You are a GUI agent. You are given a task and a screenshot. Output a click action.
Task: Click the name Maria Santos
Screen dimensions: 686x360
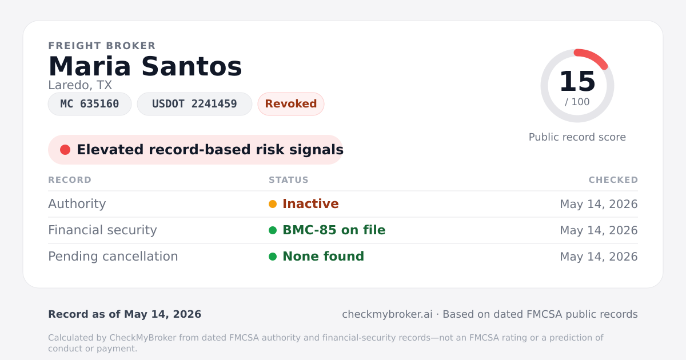pos(145,66)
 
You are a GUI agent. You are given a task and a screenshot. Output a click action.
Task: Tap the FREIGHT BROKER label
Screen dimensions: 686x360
pos(102,46)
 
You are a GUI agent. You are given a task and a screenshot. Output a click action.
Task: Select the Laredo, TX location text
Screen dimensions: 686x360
pos(80,85)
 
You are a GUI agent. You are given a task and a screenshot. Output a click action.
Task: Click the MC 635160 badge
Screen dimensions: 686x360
pos(90,104)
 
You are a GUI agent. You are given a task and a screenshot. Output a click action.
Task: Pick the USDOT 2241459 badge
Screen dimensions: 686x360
pos(194,104)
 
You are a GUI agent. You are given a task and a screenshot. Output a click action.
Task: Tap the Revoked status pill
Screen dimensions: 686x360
pos(291,104)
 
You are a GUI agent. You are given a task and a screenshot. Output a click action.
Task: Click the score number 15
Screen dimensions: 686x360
pos(577,81)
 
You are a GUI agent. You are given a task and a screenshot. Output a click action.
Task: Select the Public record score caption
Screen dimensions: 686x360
pos(577,137)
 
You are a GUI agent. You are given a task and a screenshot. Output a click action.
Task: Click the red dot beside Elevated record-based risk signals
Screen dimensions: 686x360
pos(65,150)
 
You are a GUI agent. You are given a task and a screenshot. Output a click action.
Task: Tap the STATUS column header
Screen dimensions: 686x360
pos(289,180)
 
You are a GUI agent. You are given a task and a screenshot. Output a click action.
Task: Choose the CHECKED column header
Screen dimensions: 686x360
pos(613,180)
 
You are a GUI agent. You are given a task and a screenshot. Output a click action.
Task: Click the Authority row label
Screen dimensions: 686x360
pos(77,204)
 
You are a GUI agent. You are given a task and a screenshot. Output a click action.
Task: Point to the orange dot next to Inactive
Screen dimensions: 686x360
pos(273,204)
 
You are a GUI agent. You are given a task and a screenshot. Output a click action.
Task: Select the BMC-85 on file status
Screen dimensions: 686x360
pos(334,230)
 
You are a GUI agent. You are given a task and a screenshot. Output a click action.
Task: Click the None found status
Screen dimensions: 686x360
pos(324,257)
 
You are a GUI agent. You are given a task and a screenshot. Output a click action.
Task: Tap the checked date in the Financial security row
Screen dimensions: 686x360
pos(599,230)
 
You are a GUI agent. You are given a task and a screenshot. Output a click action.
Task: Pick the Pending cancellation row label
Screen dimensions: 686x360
pos(113,257)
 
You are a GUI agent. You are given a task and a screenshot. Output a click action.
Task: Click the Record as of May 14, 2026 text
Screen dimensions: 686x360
pos(125,314)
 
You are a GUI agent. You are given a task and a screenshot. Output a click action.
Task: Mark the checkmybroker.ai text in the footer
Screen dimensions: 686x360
pos(388,314)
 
